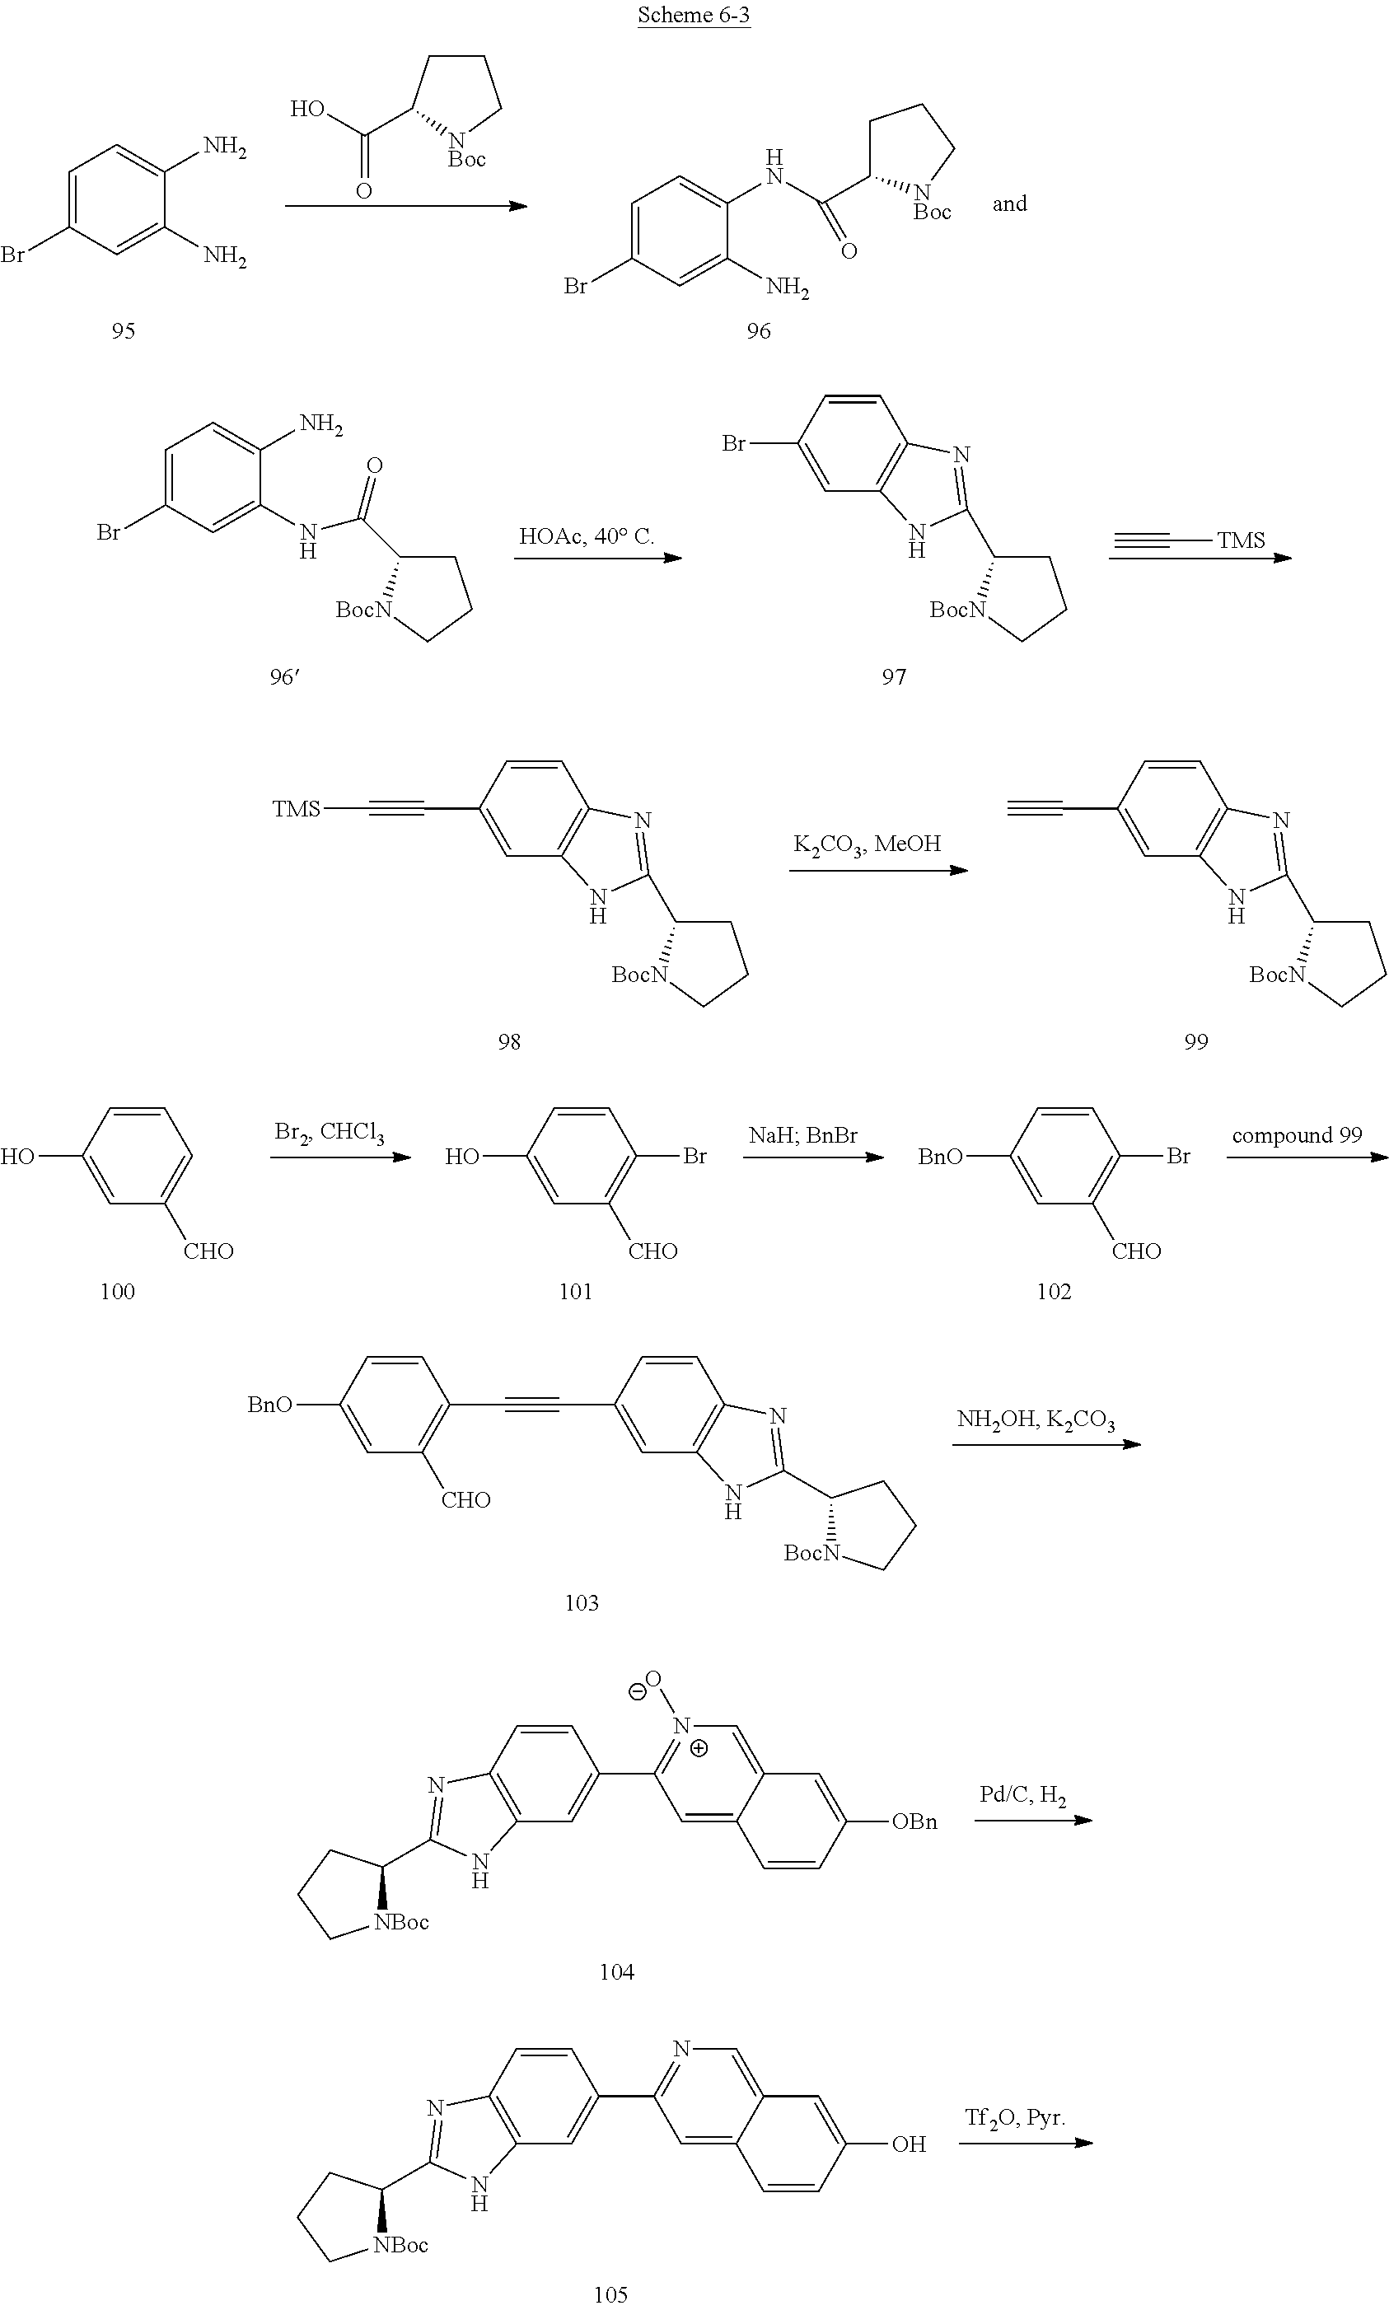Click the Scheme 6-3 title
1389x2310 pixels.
[694, 15]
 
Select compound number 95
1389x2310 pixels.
[124, 330]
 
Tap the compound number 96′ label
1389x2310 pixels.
[283, 676]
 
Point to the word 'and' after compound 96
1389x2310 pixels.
[1010, 204]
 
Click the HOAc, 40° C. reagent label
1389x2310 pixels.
[586, 537]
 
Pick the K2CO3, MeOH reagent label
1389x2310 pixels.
[867, 844]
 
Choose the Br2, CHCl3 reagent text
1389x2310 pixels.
[330, 1133]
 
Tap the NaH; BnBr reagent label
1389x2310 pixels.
[803, 1135]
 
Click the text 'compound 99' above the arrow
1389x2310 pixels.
[1297, 1135]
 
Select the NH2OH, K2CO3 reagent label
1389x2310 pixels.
[1036, 1420]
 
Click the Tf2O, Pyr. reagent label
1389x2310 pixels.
[1015, 2117]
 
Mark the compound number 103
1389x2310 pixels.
[582, 1603]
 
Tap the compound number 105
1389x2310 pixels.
[610, 2294]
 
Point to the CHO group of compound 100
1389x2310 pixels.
[208, 1251]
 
